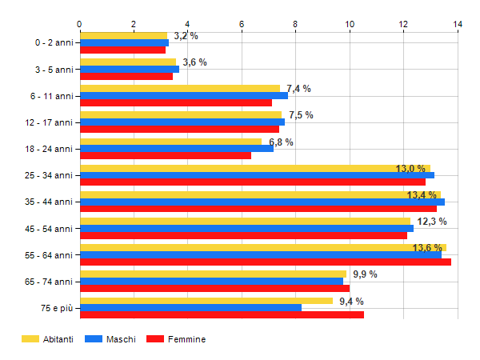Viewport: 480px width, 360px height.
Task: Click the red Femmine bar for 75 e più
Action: [x=222, y=314]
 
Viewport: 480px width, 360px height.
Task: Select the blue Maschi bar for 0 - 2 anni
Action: [x=124, y=42]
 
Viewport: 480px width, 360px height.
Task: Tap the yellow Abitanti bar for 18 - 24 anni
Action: [x=170, y=142]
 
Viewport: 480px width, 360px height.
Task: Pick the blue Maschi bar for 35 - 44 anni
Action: [x=262, y=202]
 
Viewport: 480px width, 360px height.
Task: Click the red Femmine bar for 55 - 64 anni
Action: [x=265, y=262]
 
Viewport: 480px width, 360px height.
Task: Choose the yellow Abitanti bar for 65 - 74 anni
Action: [x=213, y=274]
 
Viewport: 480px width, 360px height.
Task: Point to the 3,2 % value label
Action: [x=186, y=36]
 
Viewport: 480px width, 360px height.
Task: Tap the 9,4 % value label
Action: [x=351, y=302]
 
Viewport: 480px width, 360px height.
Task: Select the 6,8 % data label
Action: [x=281, y=142]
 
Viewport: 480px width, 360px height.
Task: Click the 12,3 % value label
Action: [x=432, y=222]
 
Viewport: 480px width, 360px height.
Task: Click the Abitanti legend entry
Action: [x=47, y=339]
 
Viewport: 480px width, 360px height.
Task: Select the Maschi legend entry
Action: [x=111, y=339]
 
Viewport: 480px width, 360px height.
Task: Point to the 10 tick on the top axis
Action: [x=350, y=25]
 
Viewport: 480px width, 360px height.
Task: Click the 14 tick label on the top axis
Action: [x=458, y=25]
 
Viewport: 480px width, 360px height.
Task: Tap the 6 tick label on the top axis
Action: [x=242, y=25]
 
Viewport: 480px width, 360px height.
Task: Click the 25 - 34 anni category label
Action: [x=48, y=175]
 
